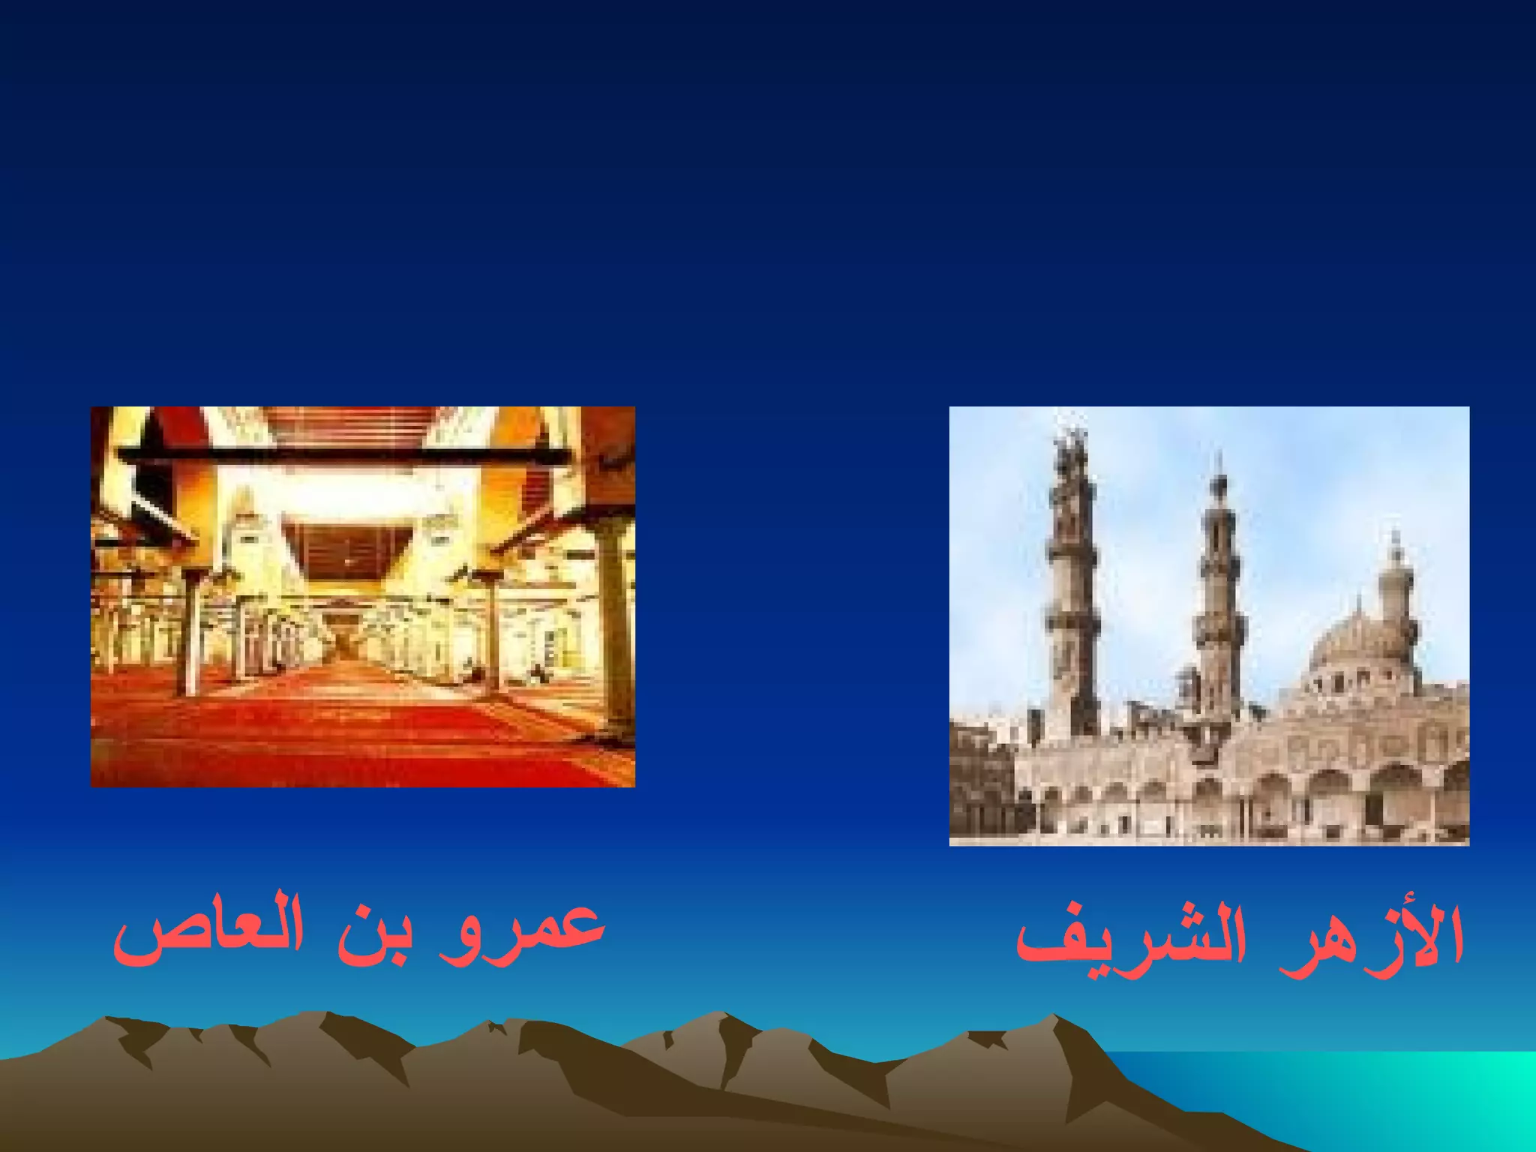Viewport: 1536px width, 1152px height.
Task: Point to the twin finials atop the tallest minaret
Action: click(1071, 442)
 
